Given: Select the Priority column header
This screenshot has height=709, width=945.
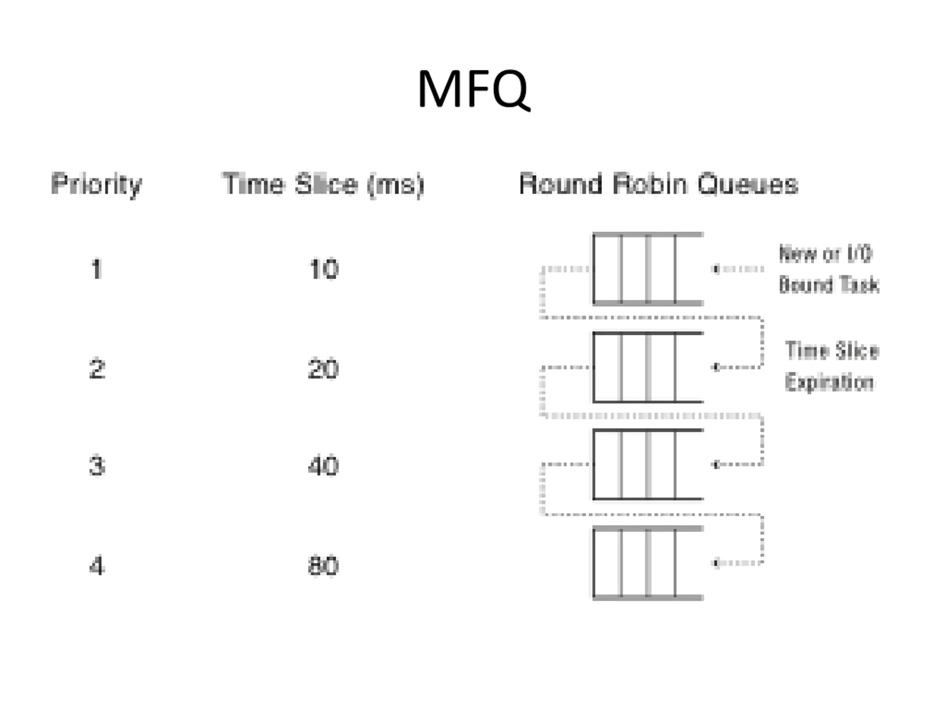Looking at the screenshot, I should point(97,185).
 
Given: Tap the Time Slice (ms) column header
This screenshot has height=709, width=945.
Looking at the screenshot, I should point(323,185).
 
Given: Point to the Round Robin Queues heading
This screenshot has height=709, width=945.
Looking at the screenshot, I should point(658,185).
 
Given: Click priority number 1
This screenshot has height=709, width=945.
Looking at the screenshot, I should point(97,269).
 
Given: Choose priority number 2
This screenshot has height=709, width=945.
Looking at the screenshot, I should point(97,369).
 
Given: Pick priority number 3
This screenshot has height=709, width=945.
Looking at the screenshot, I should point(97,466).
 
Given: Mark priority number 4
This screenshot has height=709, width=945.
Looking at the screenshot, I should point(97,566).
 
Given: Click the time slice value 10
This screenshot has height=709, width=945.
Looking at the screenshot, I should point(323,269).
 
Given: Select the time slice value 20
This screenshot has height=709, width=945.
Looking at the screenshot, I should point(323,369).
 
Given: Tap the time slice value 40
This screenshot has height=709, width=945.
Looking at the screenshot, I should point(323,466).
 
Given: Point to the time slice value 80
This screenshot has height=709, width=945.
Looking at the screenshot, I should point(323,566).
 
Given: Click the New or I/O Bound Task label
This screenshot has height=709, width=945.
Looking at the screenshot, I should point(829,269).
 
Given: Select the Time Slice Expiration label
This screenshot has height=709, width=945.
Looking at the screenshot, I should point(831,366).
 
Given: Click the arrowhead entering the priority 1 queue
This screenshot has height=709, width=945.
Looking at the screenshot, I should point(717,269).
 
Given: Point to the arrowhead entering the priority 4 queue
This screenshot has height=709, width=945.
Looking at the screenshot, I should point(717,563).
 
